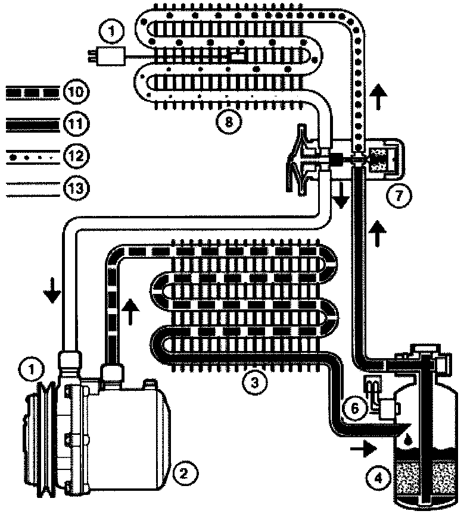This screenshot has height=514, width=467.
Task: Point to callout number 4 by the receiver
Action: point(375,477)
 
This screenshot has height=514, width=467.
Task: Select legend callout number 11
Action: point(77,124)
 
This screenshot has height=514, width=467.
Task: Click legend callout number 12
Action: point(77,156)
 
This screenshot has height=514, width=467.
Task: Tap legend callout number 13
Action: point(77,189)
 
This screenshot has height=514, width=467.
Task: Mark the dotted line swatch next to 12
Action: point(33,157)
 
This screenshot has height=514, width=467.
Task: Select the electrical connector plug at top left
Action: point(110,57)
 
